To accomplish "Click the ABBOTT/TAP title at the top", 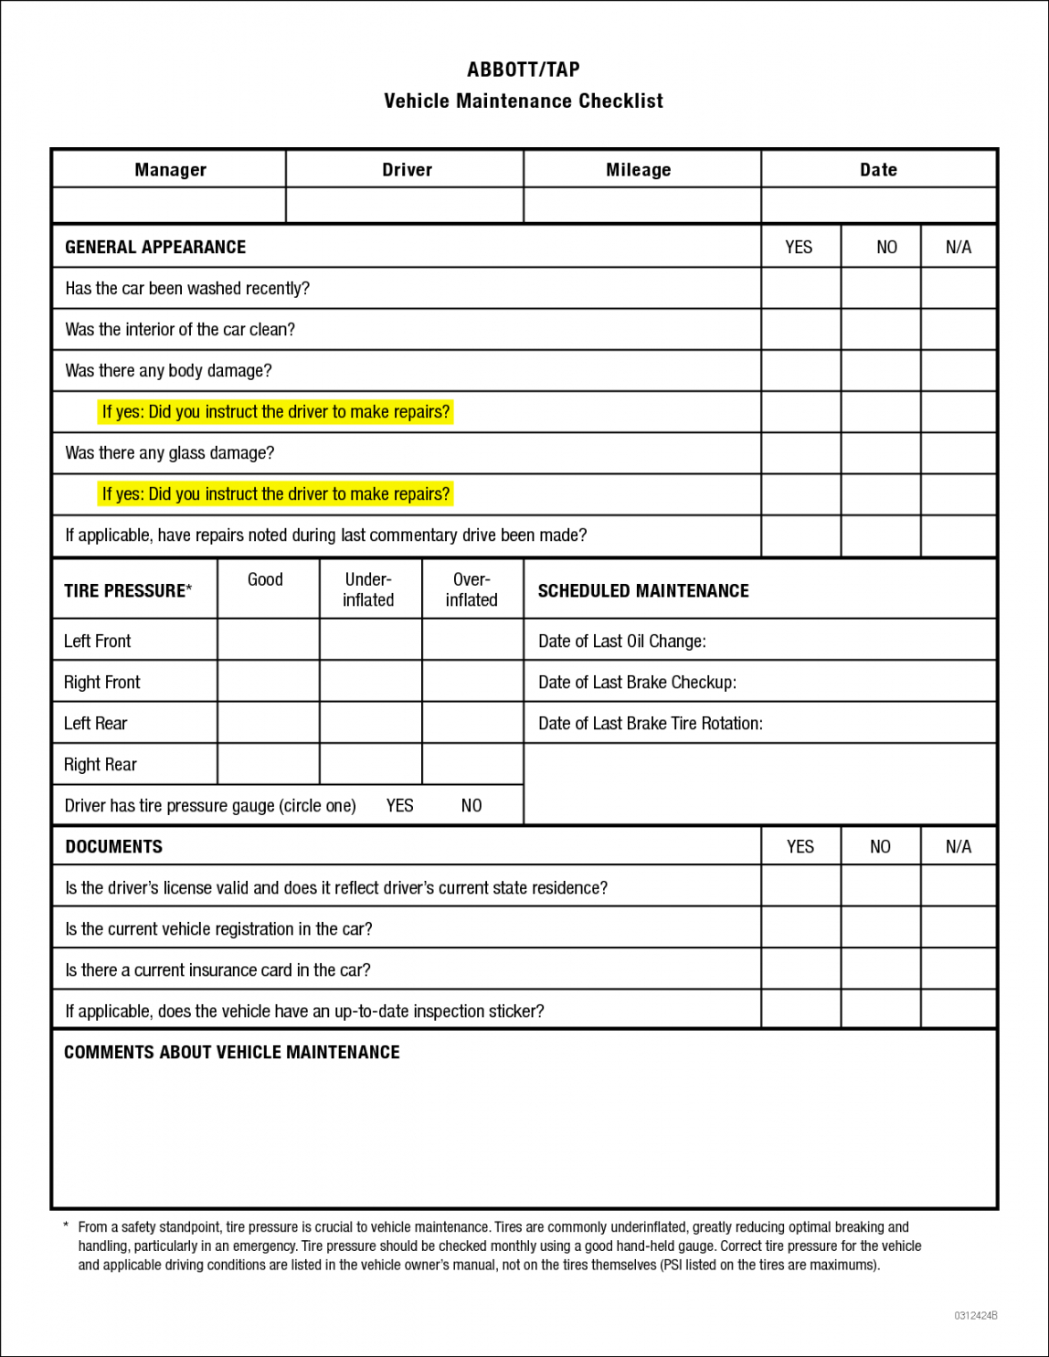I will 523,69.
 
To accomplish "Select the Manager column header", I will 170,170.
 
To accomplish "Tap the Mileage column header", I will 638,170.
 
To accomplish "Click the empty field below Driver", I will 405,206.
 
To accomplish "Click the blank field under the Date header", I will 878,206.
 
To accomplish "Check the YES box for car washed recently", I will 800,289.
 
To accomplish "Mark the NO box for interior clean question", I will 880,330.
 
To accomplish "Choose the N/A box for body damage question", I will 958,371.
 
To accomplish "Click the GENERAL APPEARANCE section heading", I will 155,248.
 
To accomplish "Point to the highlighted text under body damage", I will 276,412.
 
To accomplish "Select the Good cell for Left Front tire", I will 268,640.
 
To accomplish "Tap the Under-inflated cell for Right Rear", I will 370,764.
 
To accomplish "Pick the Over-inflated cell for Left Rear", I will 472,723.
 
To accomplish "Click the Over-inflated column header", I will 472,589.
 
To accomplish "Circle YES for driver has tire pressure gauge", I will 399,806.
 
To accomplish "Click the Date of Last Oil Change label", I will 621,641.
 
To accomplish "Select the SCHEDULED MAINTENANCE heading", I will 642,591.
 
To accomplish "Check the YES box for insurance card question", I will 800,970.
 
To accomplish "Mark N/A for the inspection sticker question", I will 958,1011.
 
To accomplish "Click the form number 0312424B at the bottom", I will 975,1316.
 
